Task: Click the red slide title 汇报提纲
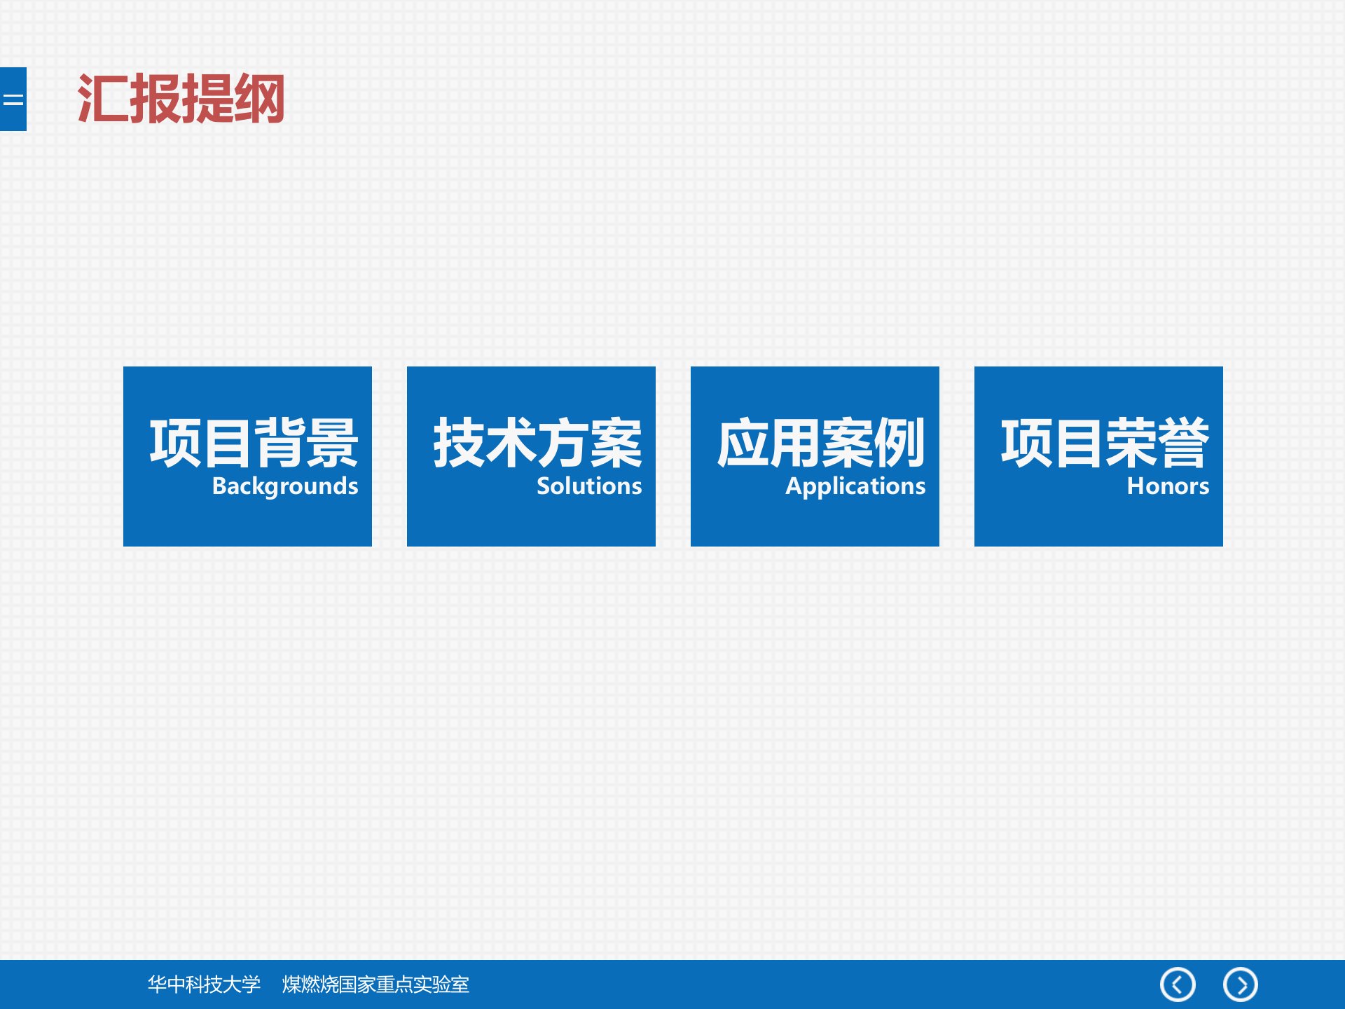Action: [x=181, y=99]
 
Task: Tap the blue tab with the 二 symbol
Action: [x=13, y=99]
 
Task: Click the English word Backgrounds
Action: [x=285, y=486]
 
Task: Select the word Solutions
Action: [x=589, y=486]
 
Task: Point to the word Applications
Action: [x=855, y=486]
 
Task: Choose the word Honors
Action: [x=1168, y=486]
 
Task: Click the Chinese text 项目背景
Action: [x=254, y=442]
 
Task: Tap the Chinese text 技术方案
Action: [x=537, y=442]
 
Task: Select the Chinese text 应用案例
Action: [x=821, y=442]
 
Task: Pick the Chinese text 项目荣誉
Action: [x=1105, y=442]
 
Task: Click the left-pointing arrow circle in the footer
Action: [x=1178, y=984]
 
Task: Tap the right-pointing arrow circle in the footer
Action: [x=1241, y=984]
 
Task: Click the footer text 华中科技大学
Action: [x=204, y=984]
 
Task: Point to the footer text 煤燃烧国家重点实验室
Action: [x=375, y=984]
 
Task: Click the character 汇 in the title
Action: [x=103, y=99]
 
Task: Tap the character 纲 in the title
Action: [x=259, y=99]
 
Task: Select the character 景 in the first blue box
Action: [x=333, y=442]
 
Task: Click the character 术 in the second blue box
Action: [x=511, y=442]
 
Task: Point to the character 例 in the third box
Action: [x=900, y=442]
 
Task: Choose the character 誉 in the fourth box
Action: [x=1184, y=442]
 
